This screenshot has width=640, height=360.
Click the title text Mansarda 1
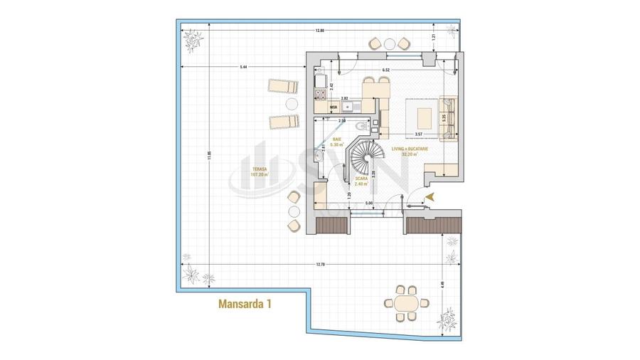pos(245,304)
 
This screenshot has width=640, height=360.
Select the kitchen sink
pos(348,107)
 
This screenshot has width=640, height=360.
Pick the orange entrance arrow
pos(429,196)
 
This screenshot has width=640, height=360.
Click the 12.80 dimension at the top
pos(319,31)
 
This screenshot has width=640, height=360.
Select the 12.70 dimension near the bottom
pos(318,264)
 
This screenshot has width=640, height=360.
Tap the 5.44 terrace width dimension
pos(243,67)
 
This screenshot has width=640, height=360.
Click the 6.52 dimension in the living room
pos(385,70)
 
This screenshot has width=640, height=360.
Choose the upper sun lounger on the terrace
pos(285,87)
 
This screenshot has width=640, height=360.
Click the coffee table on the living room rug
pos(425,115)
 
